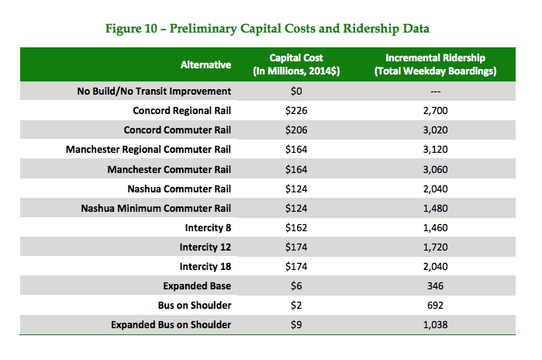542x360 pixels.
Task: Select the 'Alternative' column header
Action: coord(205,65)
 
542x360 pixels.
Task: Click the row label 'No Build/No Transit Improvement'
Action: coord(153,91)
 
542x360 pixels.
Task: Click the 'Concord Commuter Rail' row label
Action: coord(177,130)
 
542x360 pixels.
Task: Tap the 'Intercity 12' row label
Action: coord(205,247)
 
